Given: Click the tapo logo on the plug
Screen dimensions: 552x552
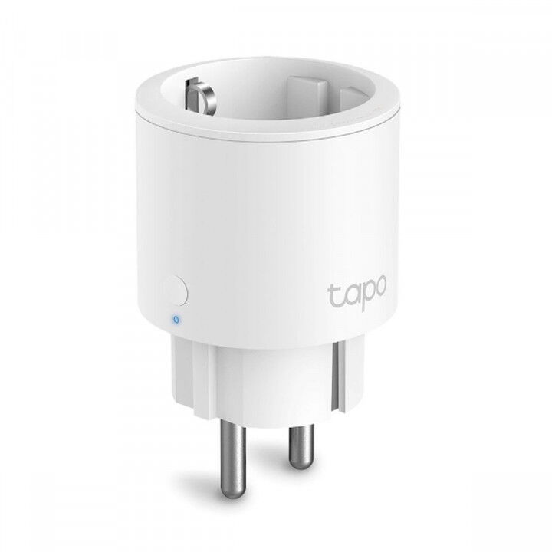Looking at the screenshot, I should (358, 295).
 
